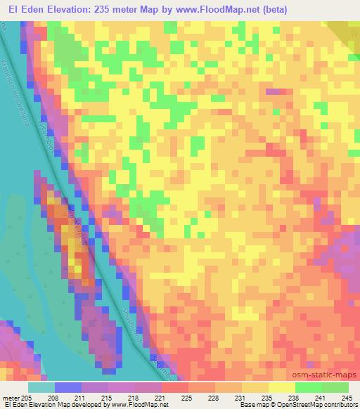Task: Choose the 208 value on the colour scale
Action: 68,398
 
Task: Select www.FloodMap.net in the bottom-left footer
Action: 134,405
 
